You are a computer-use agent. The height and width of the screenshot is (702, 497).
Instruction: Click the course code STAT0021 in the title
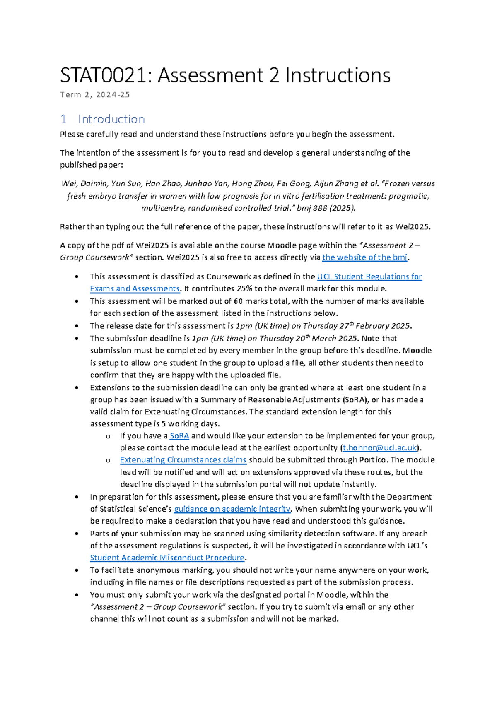click(x=104, y=76)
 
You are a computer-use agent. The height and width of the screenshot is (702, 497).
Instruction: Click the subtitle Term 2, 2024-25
click(x=95, y=95)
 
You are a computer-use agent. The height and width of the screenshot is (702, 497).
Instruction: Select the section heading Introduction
click(x=111, y=119)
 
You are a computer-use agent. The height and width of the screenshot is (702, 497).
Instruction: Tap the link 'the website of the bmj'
click(x=365, y=257)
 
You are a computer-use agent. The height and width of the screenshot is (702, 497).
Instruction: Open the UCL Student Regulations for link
click(x=369, y=276)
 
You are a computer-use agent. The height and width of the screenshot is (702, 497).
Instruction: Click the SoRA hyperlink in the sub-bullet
click(x=179, y=436)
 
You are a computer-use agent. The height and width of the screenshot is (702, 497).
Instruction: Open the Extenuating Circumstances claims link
click(x=183, y=460)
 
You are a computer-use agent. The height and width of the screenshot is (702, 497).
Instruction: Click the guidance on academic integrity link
click(x=232, y=509)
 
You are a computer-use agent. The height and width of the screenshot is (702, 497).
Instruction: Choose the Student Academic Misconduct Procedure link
click(x=167, y=558)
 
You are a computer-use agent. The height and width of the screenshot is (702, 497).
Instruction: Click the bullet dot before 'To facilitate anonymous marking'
click(x=77, y=570)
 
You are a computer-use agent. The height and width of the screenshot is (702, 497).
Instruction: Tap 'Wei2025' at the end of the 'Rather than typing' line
click(x=413, y=227)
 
